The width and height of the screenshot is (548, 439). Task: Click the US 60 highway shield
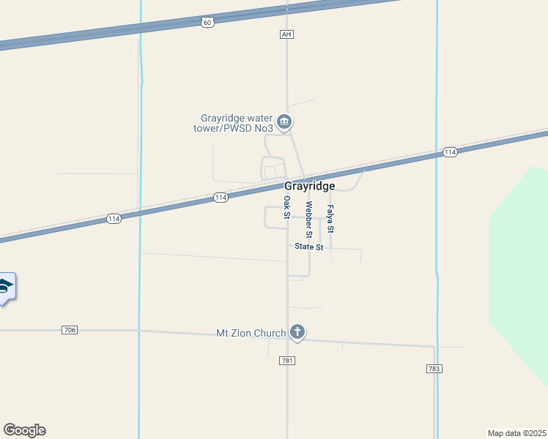(208, 23)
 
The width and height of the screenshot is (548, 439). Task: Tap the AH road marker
(286, 34)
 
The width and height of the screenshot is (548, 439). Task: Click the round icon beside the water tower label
(285, 121)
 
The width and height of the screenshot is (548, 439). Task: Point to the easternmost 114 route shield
(450, 152)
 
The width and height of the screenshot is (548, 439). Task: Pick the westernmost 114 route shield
(114, 219)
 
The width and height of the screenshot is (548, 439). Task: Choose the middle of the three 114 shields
(221, 198)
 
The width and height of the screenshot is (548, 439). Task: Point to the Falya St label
(330, 219)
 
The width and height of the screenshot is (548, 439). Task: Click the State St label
(309, 247)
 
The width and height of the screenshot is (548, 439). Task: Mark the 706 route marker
(70, 330)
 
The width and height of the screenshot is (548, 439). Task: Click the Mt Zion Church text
(251, 334)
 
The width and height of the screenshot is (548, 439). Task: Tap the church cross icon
(297, 333)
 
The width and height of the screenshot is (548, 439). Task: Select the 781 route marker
(286, 361)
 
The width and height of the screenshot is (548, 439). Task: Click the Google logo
(24, 430)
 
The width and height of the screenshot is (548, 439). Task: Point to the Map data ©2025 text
(516, 433)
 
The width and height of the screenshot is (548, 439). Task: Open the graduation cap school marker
(6, 287)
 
